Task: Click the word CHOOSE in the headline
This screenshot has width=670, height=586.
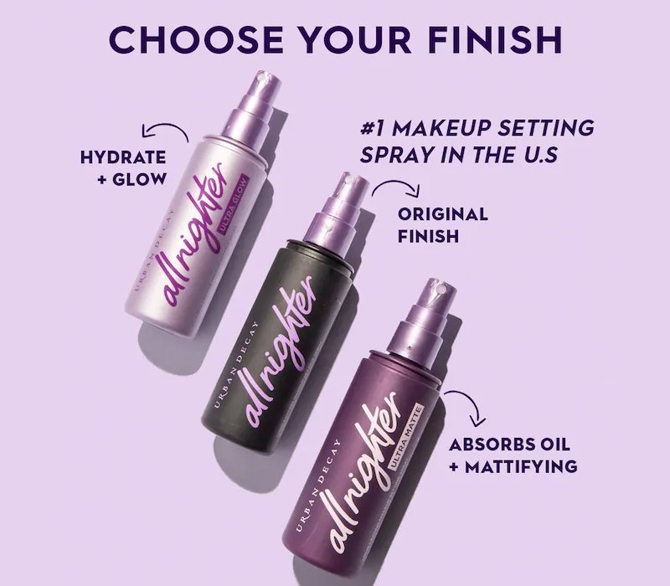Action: coord(196,39)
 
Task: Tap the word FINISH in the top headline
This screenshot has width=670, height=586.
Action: coord(495,39)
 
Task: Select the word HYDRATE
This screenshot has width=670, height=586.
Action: coord(123,157)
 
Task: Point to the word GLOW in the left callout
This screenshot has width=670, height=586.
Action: coord(139,179)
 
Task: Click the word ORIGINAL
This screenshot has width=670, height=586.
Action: coord(443,214)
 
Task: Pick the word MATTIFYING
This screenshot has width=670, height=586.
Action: coord(521,466)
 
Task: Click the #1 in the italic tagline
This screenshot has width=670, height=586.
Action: coord(373,128)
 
